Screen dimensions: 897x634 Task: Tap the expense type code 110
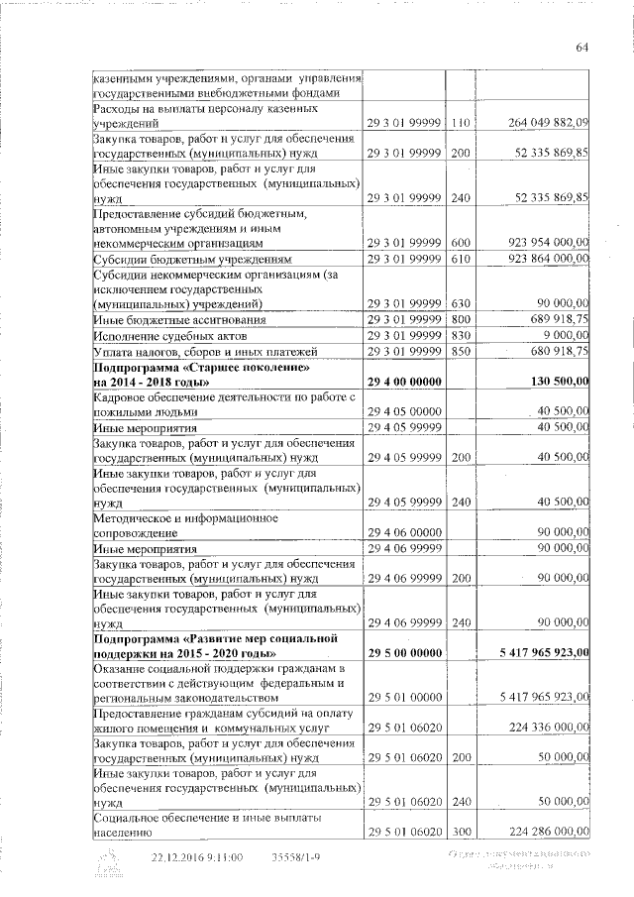click(458, 122)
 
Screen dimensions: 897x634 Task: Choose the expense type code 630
click(458, 303)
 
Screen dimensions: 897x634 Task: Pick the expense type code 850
click(458, 351)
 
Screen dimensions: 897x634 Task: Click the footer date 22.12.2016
click(181, 857)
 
